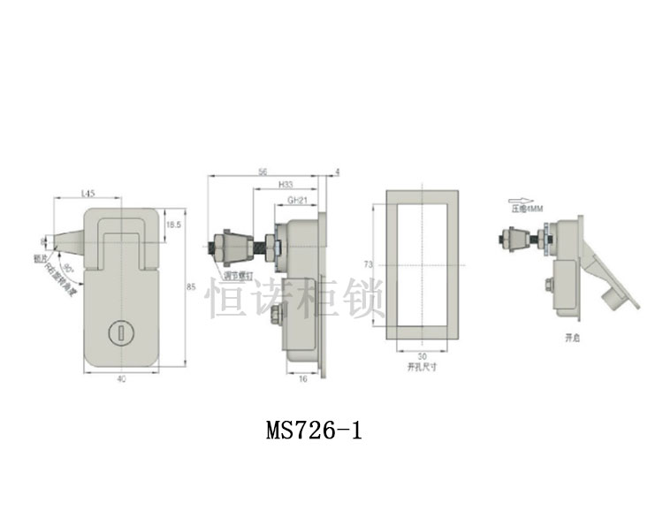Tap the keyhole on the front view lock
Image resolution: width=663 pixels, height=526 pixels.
pyautogui.click(x=117, y=332)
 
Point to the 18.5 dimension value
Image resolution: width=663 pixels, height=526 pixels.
pyautogui.click(x=172, y=226)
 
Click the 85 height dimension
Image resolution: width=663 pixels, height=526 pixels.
pyautogui.click(x=190, y=286)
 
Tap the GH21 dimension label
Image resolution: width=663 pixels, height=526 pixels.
pyautogui.click(x=298, y=201)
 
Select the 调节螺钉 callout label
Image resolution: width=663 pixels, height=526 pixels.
pyautogui.click(x=239, y=276)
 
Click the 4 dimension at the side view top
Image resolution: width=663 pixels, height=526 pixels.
pyautogui.click(x=338, y=172)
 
